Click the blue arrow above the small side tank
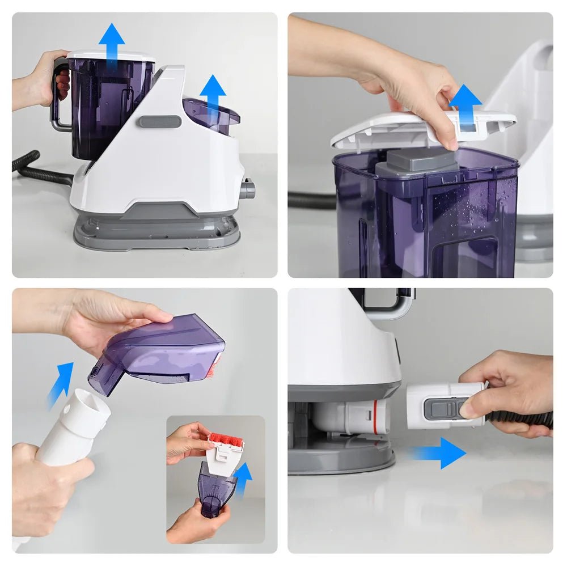[x=213, y=93]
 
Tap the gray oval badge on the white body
[x=160, y=121]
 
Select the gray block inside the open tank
[x=417, y=162]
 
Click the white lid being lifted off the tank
[x=397, y=128]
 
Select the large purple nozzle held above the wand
[x=162, y=352]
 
